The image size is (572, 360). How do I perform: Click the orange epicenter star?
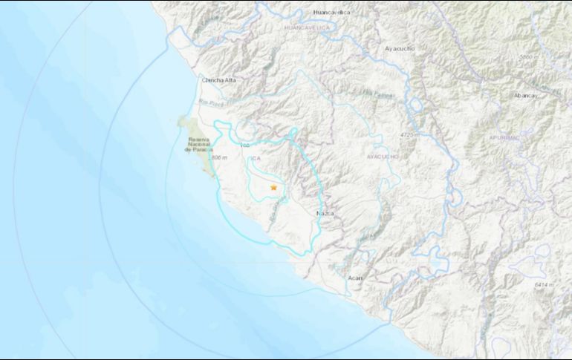(x=273, y=188)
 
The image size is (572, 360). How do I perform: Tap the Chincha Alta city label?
(x=219, y=79)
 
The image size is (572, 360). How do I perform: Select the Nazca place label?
(x=325, y=213)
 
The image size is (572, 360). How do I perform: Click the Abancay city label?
(x=525, y=96)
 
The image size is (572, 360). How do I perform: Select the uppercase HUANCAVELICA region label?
(x=307, y=27)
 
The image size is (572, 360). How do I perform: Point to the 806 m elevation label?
(x=221, y=158)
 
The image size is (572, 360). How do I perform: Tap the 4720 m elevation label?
(x=410, y=136)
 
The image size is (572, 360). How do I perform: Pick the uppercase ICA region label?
(x=255, y=158)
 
